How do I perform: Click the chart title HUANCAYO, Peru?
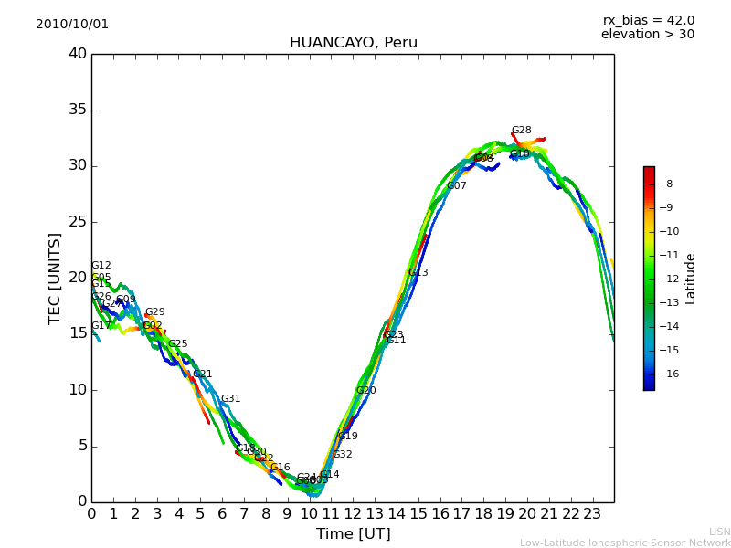click(x=353, y=43)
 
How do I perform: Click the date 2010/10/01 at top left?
click(x=72, y=25)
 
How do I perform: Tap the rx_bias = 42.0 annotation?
click(x=648, y=21)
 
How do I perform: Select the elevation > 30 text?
click(x=647, y=35)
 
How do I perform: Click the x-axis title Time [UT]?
click(x=353, y=534)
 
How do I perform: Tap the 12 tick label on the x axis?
click(x=353, y=513)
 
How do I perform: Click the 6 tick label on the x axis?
click(x=222, y=513)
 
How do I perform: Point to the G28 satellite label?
click(x=521, y=131)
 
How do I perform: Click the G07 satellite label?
click(x=456, y=186)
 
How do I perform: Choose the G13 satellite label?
click(x=418, y=273)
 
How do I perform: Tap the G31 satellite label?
click(x=230, y=399)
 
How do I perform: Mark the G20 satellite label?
click(x=365, y=391)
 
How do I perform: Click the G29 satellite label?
click(x=154, y=312)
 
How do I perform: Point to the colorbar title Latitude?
click(x=691, y=279)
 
